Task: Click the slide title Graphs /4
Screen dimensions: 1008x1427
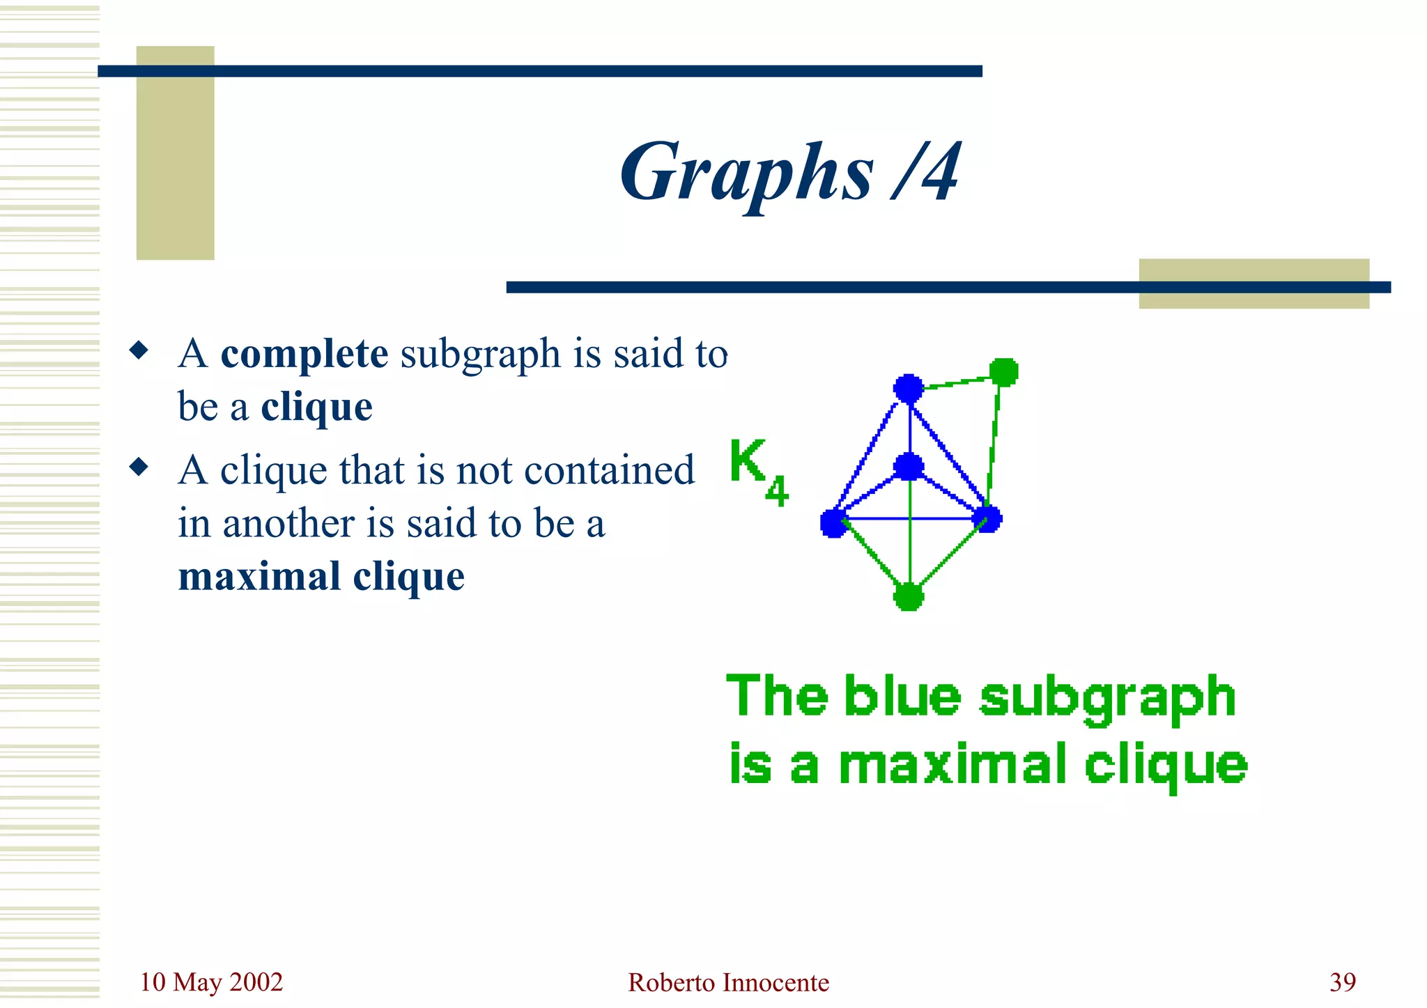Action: pos(791,173)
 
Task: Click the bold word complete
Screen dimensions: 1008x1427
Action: pos(304,354)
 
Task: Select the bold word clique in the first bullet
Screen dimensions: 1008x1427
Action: pos(316,407)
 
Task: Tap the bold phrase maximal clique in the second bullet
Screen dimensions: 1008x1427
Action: pos(321,577)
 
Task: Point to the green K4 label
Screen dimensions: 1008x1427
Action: pos(758,471)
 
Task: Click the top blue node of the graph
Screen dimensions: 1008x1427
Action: pos(909,388)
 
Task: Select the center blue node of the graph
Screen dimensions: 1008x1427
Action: pos(909,466)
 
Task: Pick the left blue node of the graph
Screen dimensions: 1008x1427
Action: pos(834,522)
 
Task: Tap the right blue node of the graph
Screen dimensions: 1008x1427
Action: pos(987,519)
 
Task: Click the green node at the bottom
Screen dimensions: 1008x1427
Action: pos(909,596)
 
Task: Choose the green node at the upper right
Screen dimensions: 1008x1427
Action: pos(1004,372)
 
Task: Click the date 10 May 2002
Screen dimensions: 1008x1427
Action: pos(211,982)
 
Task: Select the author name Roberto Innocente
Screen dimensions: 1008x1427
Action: pos(728,982)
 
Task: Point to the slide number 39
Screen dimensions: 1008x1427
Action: pos(1342,982)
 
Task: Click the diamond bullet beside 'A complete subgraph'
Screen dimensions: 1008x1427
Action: pos(139,350)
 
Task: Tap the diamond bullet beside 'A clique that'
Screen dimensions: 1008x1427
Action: pos(139,466)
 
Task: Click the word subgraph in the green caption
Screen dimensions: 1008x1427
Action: pos(1107,697)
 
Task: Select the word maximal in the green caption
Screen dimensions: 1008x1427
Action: pos(952,765)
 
